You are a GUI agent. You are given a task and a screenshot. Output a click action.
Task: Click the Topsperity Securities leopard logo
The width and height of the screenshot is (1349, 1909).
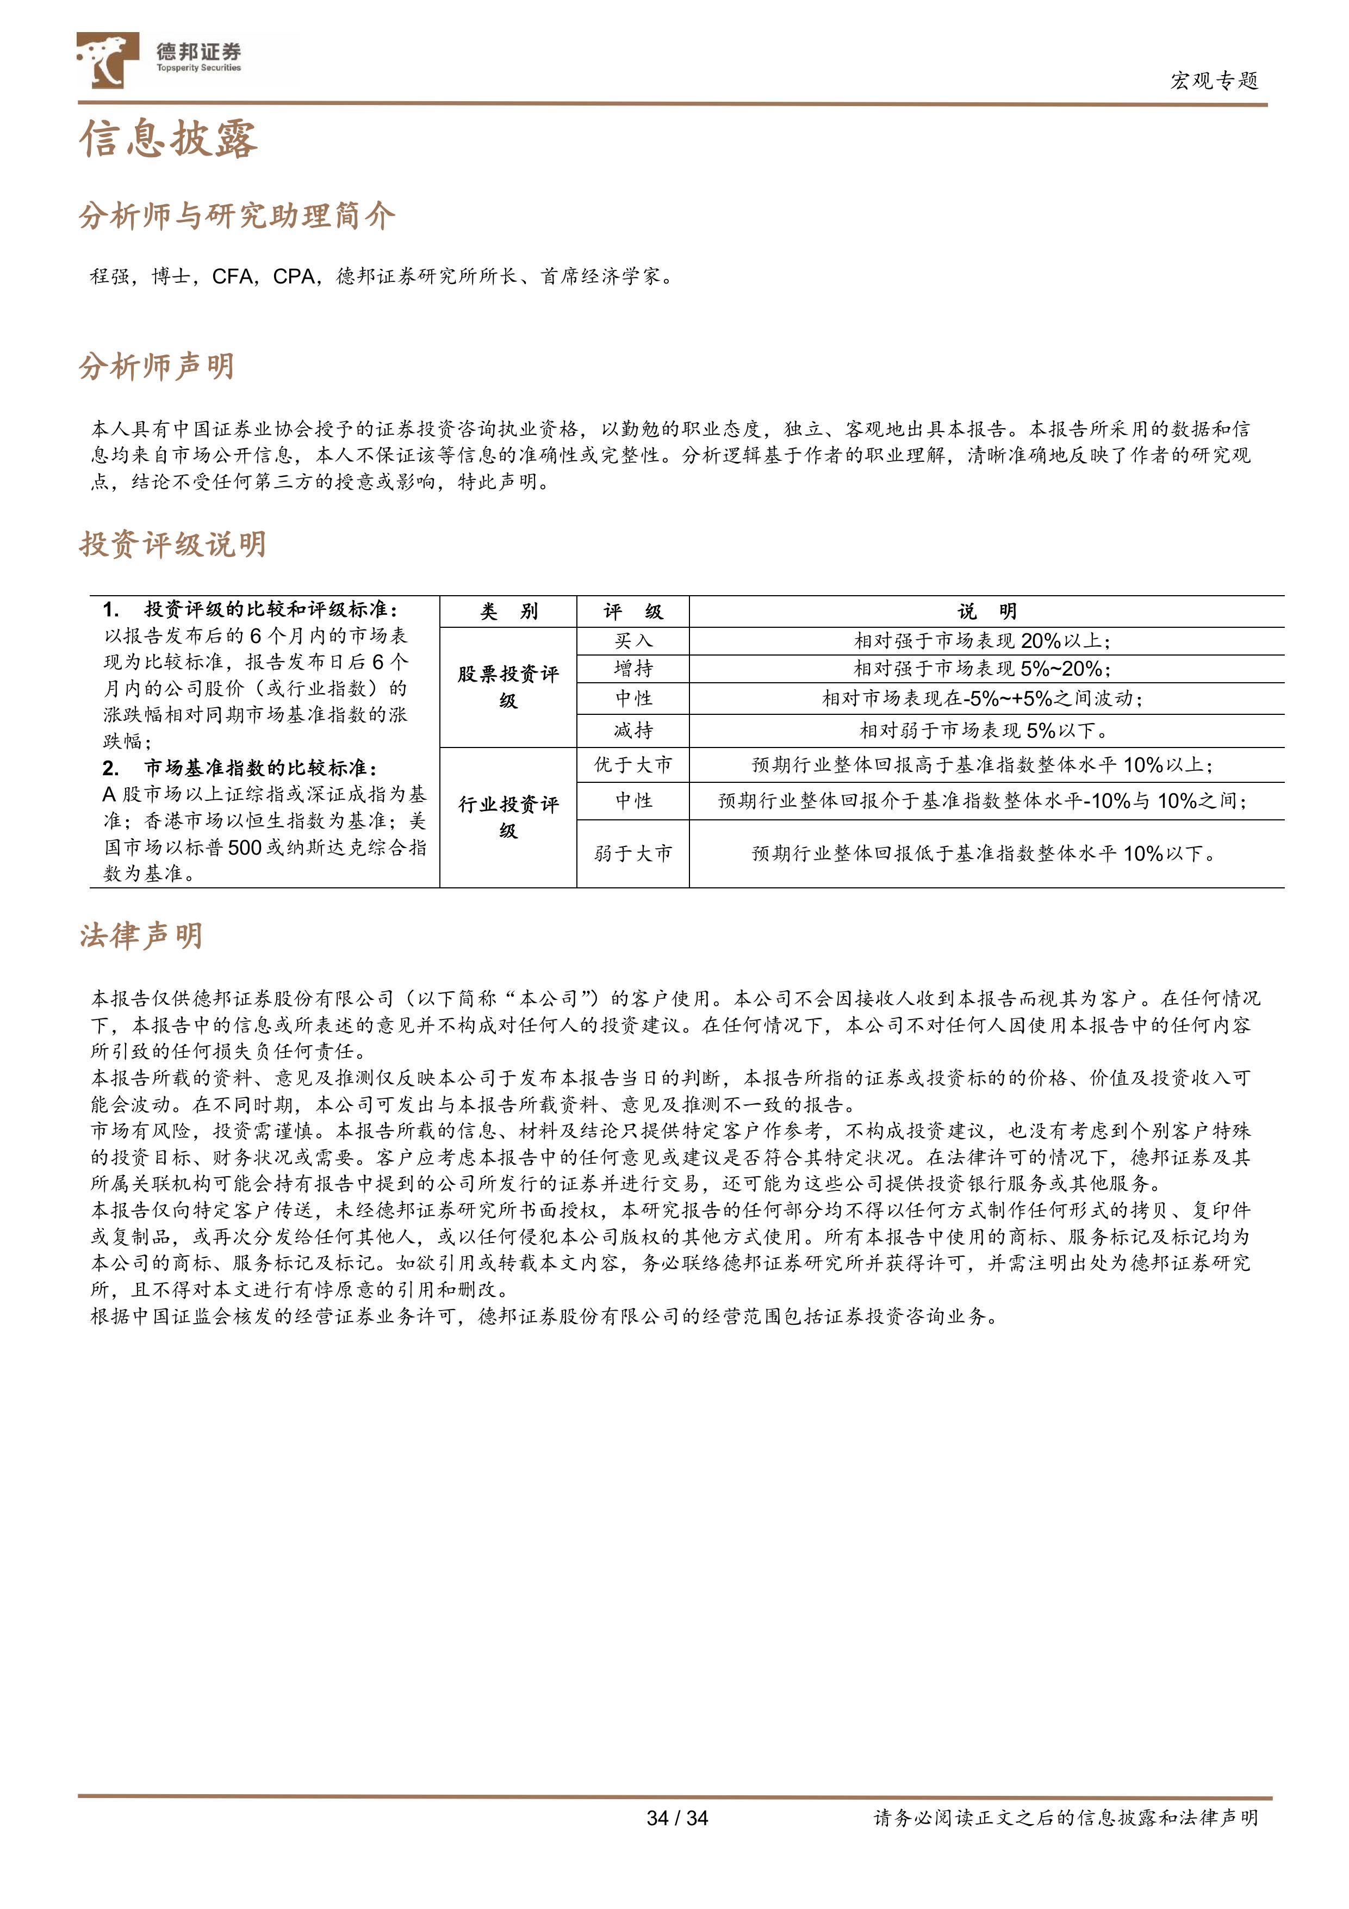tap(107, 60)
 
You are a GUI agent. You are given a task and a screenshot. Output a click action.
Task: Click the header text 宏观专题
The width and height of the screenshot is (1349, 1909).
tap(1214, 81)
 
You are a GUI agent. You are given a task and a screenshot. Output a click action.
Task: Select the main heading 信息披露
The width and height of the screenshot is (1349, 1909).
tap(169, 139)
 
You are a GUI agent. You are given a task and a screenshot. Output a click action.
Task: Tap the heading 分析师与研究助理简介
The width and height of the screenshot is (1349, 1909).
tap(237, 216)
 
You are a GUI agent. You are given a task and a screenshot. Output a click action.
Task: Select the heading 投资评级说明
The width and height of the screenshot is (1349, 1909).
tap(173, 545)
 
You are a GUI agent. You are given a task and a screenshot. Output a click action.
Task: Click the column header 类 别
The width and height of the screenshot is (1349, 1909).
tap(508, 612)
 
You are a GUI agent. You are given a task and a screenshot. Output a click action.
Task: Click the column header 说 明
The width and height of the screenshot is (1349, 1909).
tap(987, 612)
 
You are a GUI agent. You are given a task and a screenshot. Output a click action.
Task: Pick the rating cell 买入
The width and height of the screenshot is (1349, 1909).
tap(633, 640)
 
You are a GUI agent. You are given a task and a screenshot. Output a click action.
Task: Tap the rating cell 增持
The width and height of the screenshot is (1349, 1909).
tap(633, 669)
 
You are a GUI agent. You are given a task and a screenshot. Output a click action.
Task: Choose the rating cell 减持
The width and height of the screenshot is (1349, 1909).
tap(633, 731)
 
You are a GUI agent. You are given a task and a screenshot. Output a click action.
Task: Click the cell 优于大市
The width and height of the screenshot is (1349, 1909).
tap(633, 765)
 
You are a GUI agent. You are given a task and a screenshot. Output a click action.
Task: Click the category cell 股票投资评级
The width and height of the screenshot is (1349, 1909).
tap(508, 687)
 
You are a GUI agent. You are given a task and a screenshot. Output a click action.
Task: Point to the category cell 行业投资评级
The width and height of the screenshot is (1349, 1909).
tap(508, 817)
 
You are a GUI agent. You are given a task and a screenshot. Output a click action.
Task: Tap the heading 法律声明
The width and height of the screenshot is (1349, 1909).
tap(140, 936)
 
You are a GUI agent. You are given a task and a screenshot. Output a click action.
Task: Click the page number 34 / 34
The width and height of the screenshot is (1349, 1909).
tap(676, 1818)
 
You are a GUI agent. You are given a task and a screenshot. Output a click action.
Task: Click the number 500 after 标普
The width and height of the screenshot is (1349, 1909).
tap(244, 847)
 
